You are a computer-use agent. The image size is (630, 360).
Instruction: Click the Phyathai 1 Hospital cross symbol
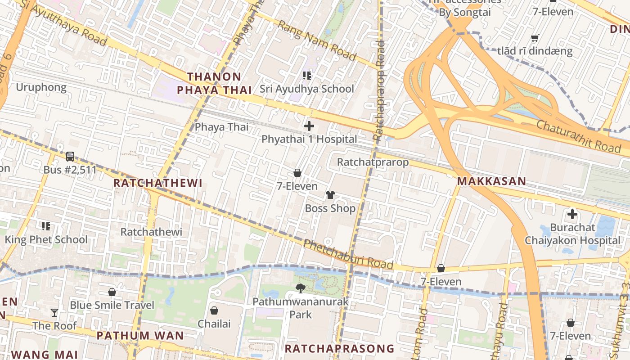point(309,126)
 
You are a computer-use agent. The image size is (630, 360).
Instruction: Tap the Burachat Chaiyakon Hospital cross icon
point(572,214)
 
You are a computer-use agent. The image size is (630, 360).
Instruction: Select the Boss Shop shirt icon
point(330,195)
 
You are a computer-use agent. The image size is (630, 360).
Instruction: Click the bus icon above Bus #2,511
point(70,157)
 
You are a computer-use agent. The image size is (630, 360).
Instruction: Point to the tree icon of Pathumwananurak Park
point(300,288)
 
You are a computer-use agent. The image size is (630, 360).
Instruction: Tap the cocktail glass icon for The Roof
point(54,312)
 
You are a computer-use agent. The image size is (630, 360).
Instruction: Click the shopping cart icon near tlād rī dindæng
point(535,38)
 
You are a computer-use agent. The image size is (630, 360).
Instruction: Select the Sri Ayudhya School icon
point(307,76)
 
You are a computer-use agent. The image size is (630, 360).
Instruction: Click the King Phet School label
point(46,239)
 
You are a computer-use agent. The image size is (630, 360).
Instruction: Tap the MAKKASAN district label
point(491,181)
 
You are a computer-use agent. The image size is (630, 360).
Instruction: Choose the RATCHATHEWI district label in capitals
point(157,183)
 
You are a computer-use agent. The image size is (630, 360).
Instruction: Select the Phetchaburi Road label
point(348,255)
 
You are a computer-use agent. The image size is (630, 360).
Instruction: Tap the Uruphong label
point(41,87)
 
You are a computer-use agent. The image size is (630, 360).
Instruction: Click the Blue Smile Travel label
point(112,305)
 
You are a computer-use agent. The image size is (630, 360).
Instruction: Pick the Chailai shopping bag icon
point(214,310)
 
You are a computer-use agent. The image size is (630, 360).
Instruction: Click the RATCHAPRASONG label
point(339,349)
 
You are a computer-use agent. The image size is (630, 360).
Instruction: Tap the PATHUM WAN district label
point(140,336)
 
